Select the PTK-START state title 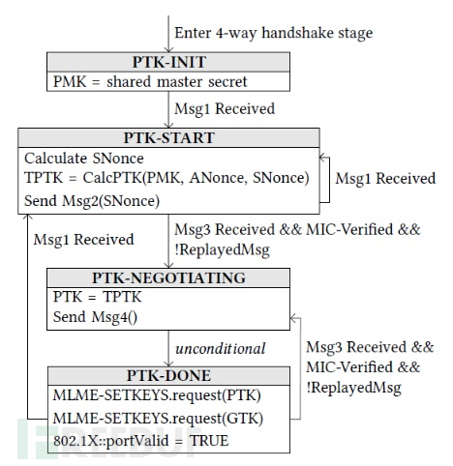coord(168,138)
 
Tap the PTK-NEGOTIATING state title coord(168,278)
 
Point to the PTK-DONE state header coord(168,375)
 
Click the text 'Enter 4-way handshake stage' coord(273,32)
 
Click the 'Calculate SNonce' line coord(85,158)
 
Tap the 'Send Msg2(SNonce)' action coord(92,199)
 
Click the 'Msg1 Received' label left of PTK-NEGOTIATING coord(80,237)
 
